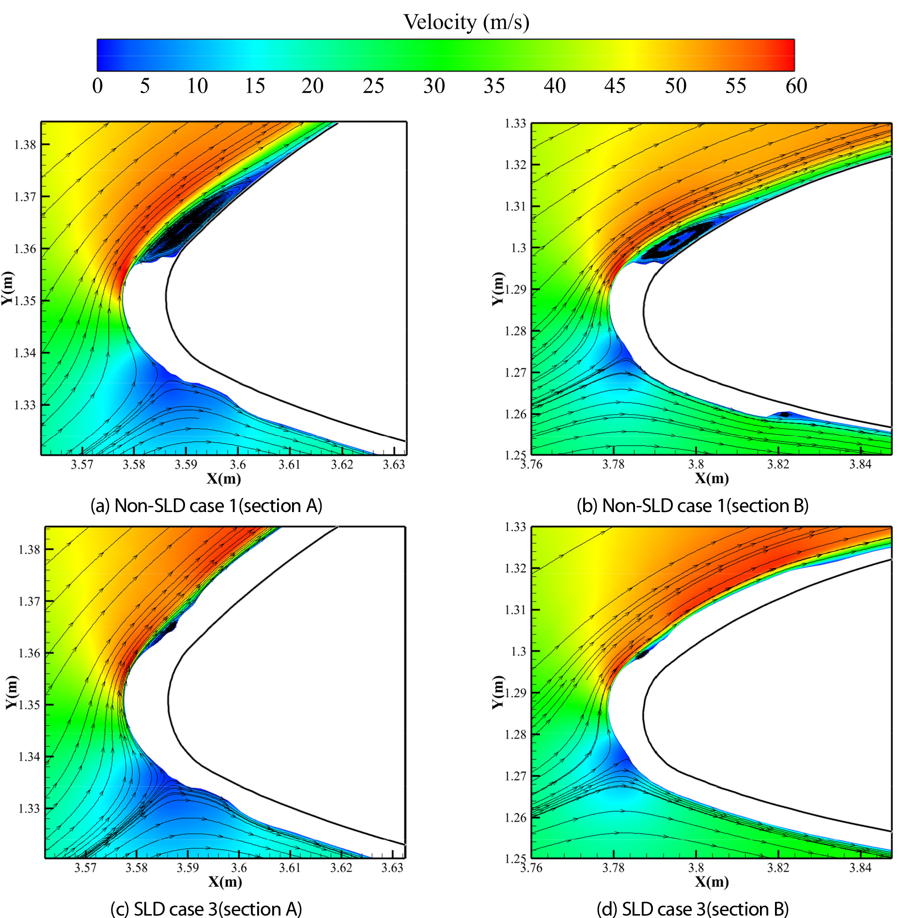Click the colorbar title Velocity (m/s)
[x=466, y=22]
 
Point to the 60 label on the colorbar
[x=796, y=86]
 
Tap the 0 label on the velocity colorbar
[x=97, y=86]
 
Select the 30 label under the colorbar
[x=434, y=86]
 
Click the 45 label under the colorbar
[x=615, y=86]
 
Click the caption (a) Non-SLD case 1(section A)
[x=206, y=506]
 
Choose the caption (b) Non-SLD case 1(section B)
[x=693, y=506]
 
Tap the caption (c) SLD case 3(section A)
[x=206, y=909]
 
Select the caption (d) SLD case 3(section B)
[x=693, y=909]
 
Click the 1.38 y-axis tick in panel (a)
[x=25, y=145]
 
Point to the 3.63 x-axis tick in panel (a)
[x=393, y=465]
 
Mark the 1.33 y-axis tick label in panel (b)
[x=515, y=124]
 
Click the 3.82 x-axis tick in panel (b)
[x=778, y=464]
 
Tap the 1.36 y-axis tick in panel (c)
[x=29, y=653]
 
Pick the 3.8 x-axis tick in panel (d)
[x=696, y=867]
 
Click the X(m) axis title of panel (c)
[x=225, y=881]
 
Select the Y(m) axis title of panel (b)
[x=497, y=289]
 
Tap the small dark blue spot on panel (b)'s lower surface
[x=784, y=414]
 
